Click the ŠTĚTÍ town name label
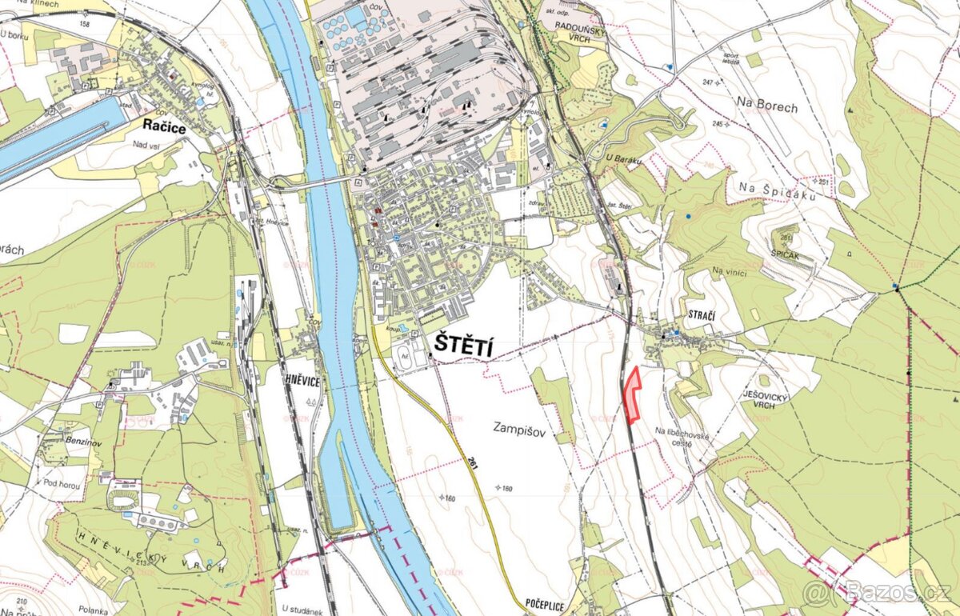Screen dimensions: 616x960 463,346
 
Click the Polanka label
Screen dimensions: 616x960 94,610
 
